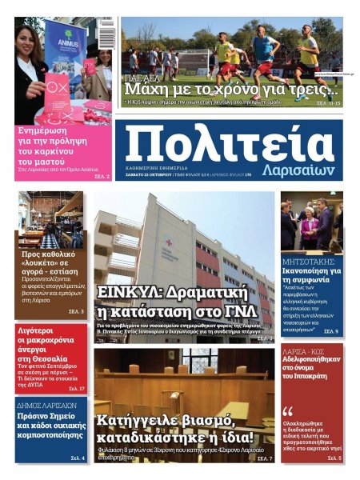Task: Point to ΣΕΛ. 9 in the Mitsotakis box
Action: (x=330, y=330)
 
